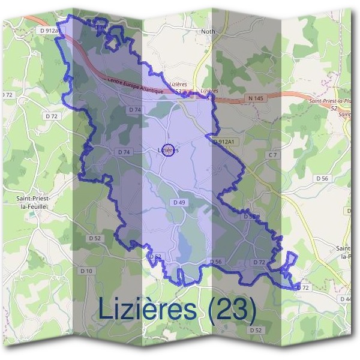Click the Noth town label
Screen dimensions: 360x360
(208, 31)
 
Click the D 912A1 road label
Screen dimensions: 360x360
(226, 142)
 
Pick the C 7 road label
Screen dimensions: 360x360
(273, 155)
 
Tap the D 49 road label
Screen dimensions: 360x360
(179, 203)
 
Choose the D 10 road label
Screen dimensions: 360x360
(86, 271)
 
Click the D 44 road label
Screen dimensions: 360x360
(346, 299)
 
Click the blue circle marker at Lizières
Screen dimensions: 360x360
(169, 151)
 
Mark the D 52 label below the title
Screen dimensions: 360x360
(255, 330)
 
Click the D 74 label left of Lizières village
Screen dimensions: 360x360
(124, 152)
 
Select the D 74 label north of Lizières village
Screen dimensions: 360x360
(135, 110)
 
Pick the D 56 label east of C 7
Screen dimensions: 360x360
(322, 178)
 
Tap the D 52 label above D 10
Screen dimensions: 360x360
(95, 238)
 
